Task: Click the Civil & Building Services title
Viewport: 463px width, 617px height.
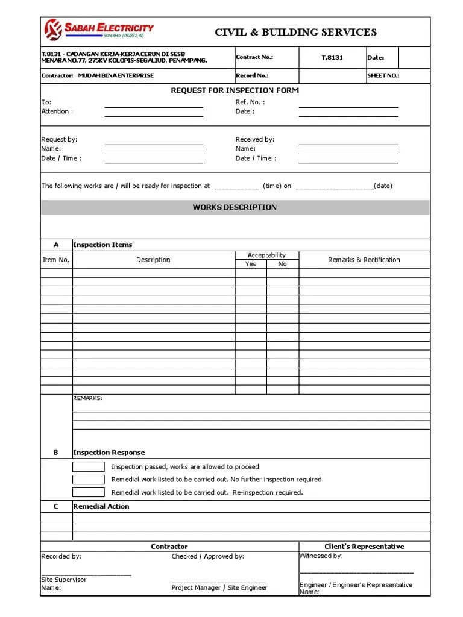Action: click(296, 32)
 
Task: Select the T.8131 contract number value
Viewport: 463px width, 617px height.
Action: click(332, 58)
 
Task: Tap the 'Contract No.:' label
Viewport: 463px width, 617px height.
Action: click(254, 57)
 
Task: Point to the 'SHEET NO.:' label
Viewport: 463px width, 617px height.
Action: click(383, 76)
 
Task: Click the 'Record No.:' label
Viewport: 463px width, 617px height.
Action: click(252, 76)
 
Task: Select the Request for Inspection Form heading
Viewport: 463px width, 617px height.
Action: click(235, 90)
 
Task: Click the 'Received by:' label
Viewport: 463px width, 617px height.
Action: click(255, 139)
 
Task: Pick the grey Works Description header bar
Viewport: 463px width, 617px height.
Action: click(235, 207)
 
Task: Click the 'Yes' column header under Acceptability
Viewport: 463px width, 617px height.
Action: click(251, 264)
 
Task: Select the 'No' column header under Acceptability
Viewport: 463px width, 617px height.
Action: click(283, 264)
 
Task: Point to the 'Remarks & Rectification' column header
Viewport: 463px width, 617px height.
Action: click(364, 260)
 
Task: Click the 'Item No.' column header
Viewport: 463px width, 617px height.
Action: click(56, 260)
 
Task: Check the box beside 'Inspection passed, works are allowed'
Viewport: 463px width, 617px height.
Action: click(89, 467)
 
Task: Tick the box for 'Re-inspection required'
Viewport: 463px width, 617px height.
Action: click(89, 492)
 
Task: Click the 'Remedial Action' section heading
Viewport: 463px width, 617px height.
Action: click(101, 506)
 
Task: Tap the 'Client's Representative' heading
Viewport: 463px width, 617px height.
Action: click(364, 547)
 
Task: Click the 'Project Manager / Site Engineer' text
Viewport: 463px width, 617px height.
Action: click(219, 587)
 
